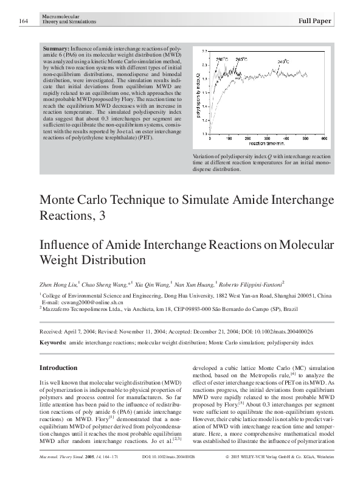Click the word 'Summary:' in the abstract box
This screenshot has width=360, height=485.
57,47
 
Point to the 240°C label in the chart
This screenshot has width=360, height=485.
285,62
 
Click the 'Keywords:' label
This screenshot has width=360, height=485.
53,343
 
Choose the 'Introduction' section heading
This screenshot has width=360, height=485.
58,368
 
